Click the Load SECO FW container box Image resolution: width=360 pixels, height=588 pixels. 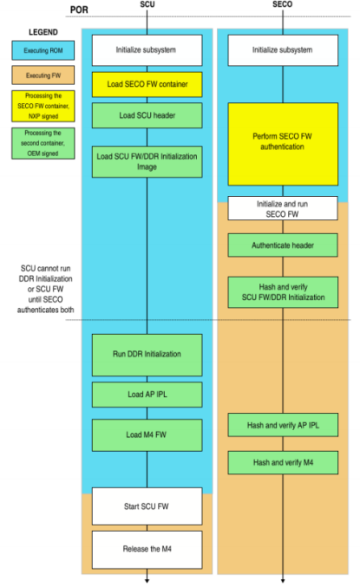147,84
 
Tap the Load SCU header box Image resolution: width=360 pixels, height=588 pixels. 147,115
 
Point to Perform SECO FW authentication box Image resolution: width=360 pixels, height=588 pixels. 283,144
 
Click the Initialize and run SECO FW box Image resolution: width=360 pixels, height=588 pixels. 283,209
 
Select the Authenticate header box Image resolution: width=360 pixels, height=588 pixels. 283,245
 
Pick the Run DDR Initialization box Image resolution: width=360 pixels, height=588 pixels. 147,355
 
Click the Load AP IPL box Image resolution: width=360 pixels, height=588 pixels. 147,393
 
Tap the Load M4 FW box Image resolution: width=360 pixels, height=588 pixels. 147,432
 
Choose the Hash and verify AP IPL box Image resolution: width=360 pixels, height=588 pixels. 283,425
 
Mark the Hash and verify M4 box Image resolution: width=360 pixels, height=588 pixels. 283,462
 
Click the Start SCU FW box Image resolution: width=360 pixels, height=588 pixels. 147,506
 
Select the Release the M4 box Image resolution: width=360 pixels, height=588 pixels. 147,547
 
